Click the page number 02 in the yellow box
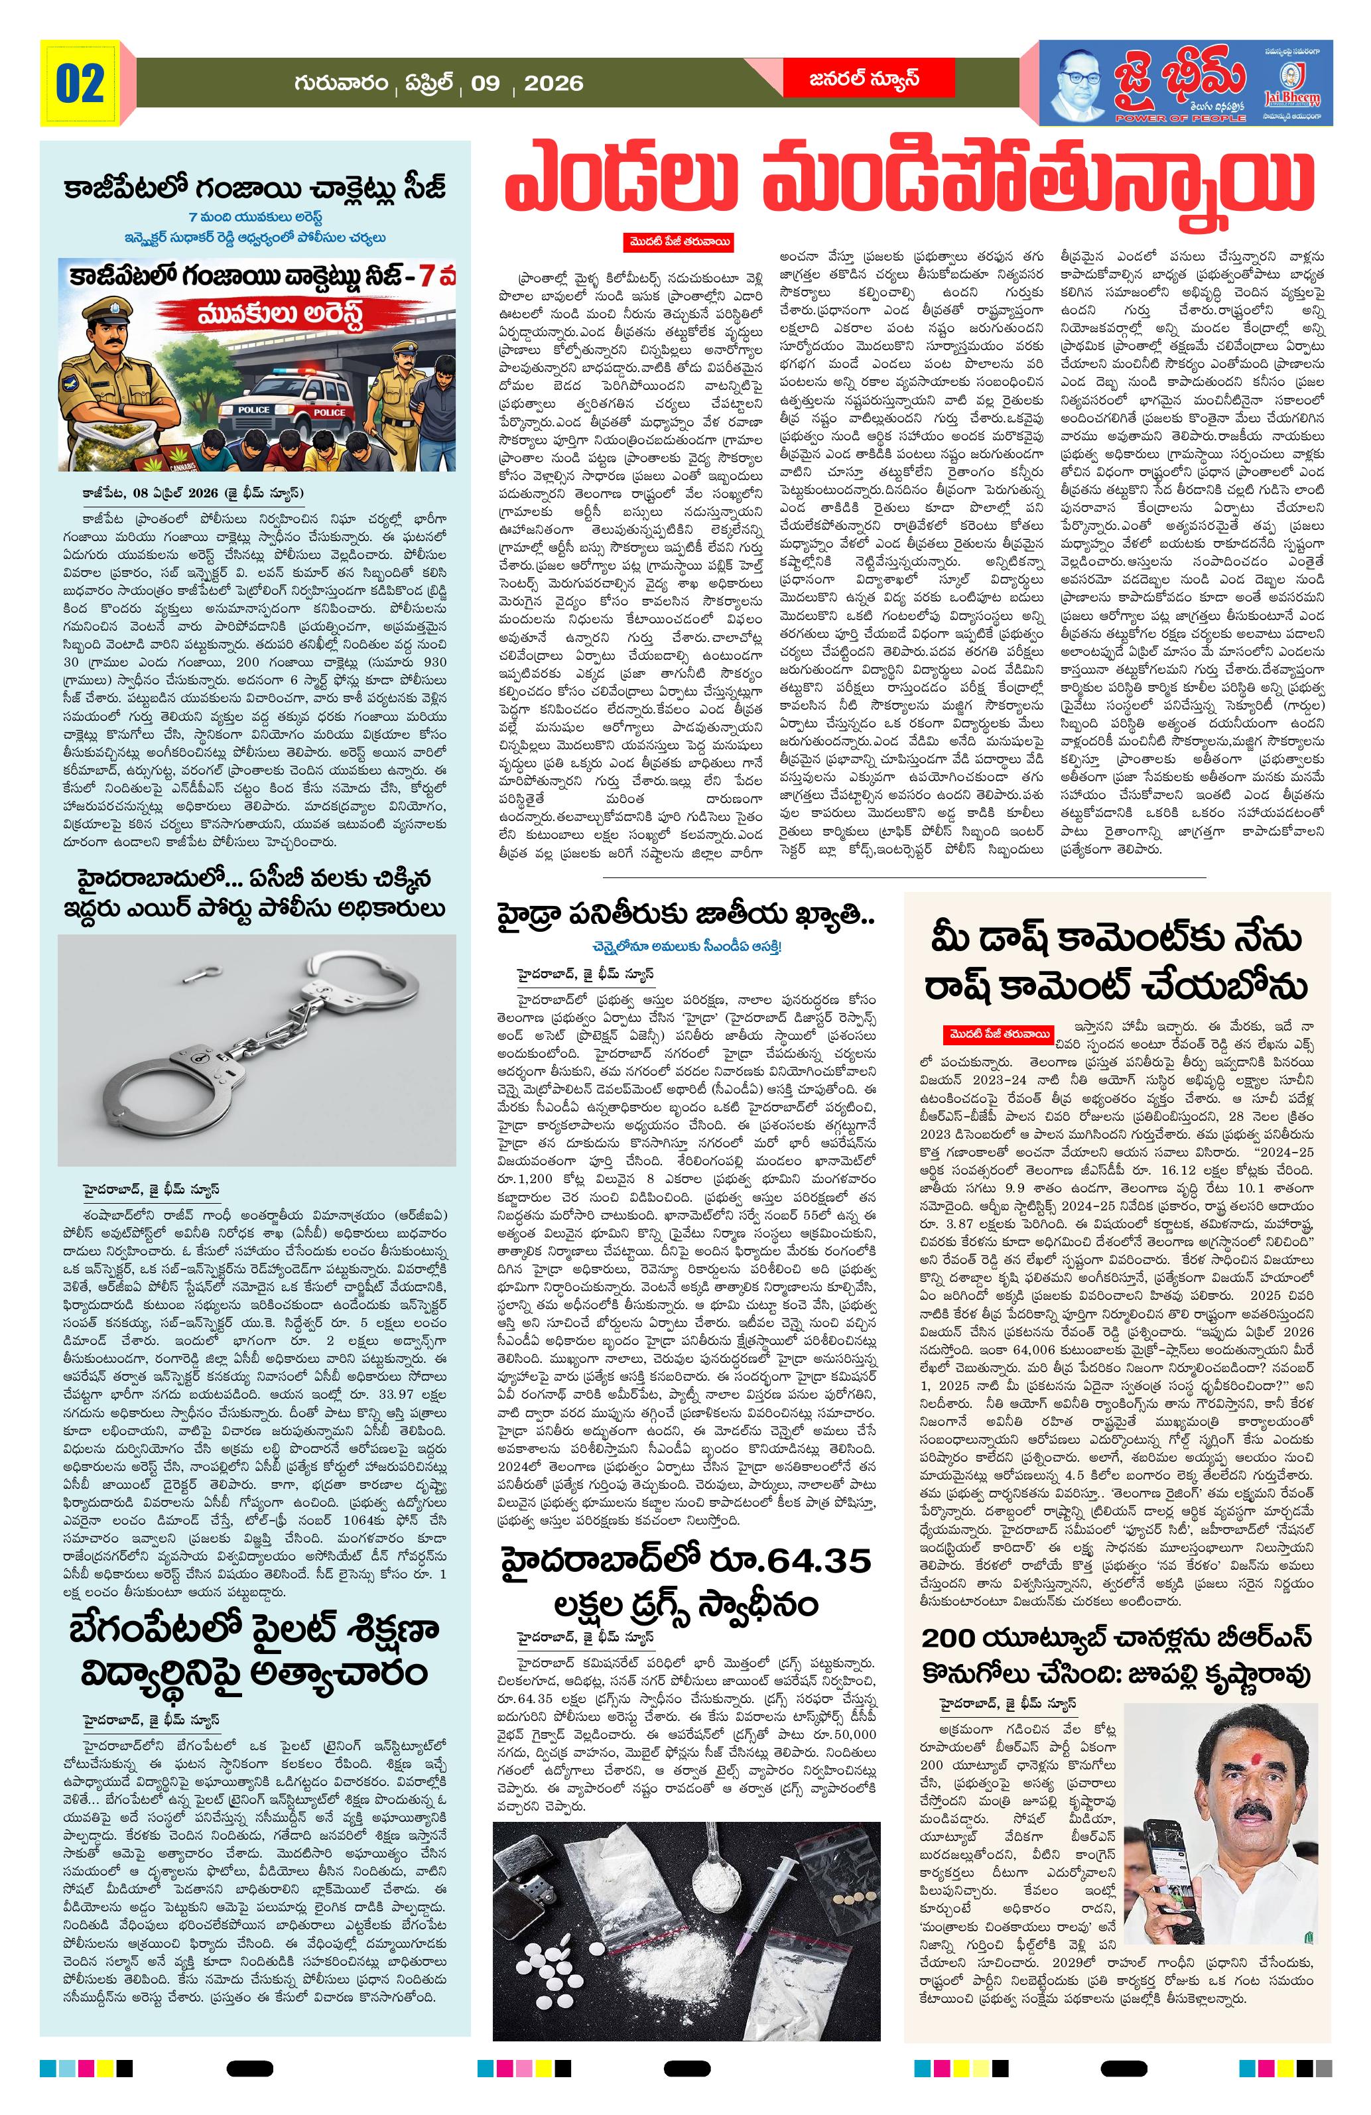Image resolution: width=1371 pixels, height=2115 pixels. [x=80, y=84]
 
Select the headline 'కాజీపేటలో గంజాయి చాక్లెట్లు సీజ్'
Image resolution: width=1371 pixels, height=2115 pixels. [x=254, y=189]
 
